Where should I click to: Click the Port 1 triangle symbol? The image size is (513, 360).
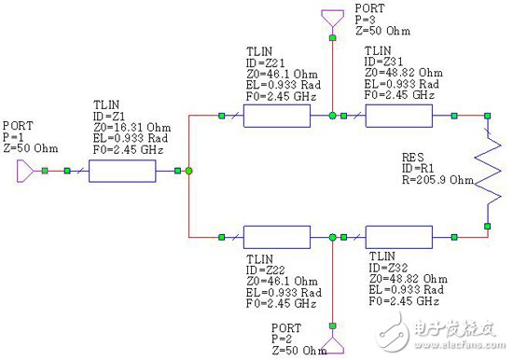click(x=31, y=171)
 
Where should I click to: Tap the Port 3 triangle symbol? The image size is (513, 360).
click(x=332, y=19)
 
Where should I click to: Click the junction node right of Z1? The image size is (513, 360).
click(x=188, y=171)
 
